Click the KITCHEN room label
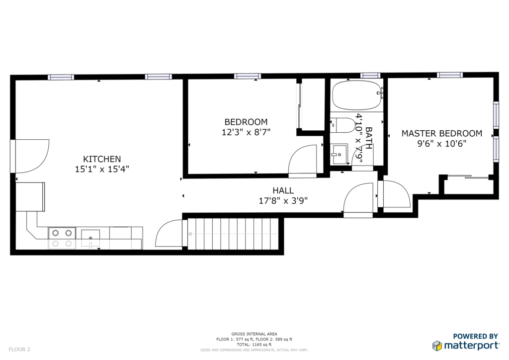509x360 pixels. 102,159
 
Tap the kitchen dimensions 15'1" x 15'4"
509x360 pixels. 102,169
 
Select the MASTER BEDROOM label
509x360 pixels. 442,133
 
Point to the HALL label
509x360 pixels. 283,190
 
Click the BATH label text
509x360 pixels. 369,138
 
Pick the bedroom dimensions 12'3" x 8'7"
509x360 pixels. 246,132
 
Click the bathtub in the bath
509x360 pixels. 357,95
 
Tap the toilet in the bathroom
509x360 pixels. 343,125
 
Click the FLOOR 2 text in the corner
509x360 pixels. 19,350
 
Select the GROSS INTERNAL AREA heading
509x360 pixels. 254,334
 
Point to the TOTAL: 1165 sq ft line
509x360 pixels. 254,345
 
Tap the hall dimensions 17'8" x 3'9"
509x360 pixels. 283,201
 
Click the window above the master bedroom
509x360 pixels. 449,75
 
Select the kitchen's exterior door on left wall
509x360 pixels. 13,156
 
